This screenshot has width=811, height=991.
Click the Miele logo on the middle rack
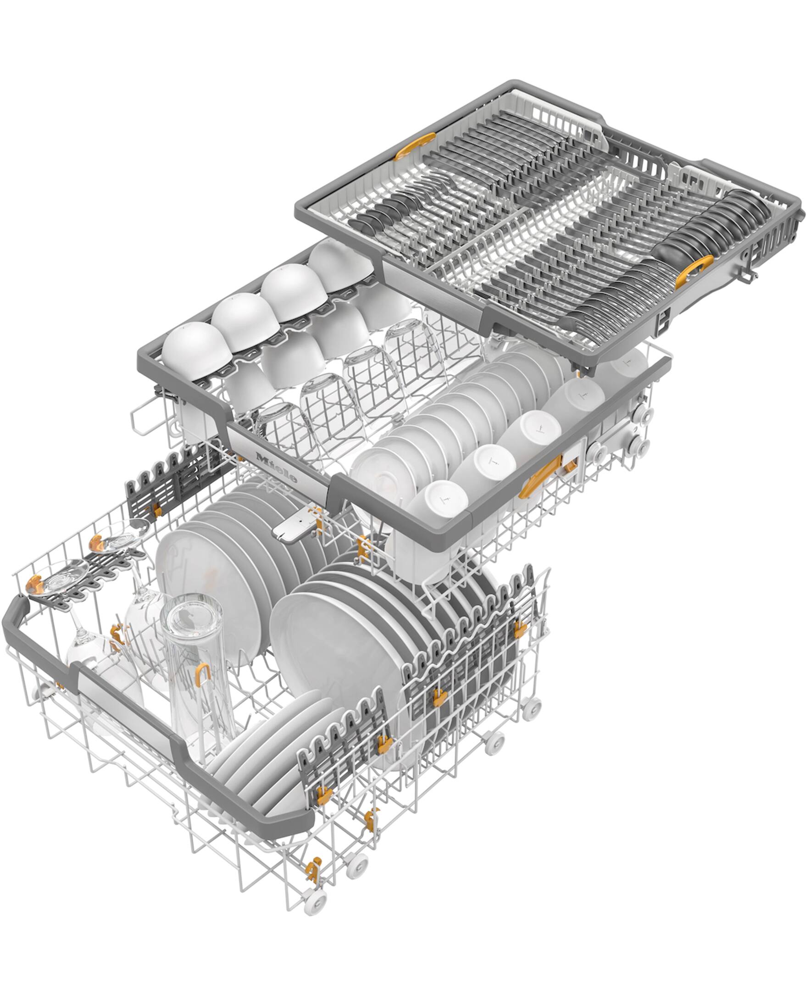tap(276, 467)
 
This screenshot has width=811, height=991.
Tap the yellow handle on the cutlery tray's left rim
tap(414, 146)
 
